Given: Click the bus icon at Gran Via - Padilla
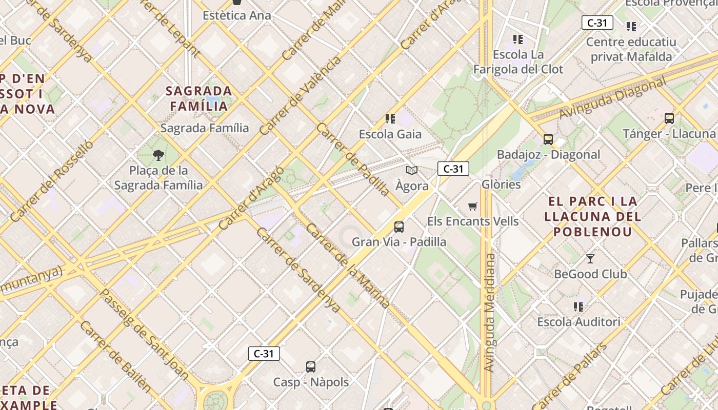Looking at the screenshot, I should pos(398,227).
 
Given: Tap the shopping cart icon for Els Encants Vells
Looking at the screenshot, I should pos(472,206).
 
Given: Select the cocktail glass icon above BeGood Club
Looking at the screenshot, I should pos(590,258).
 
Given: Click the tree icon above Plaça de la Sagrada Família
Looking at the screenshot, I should pos(158,155).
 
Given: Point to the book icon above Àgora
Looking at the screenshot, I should pos(411,170).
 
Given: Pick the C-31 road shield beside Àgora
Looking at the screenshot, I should pos(453,169).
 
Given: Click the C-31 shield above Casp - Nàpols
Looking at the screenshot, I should pos(264,353).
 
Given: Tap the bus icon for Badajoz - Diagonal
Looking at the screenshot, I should pos(548,139).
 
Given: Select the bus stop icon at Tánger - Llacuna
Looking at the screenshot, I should pos(669,118).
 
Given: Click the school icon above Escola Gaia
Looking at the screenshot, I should pos(390,119).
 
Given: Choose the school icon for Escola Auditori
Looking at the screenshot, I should pos(579,306).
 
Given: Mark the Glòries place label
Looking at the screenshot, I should pos(501,184).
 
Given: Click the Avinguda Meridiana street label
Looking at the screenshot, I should pos(490,313).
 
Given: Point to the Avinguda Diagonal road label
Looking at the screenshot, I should pos(612,97).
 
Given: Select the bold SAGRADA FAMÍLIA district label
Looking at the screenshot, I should pos(198,98).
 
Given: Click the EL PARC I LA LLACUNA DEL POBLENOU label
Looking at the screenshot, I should pos(592,216).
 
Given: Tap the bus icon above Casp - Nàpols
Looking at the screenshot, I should pos(311,366).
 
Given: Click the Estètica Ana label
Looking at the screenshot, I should pos(236,15).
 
